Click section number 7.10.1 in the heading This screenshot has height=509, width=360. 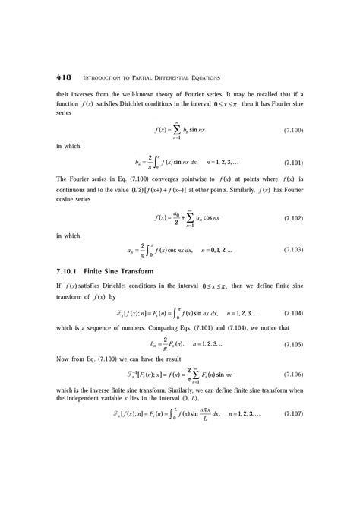point(50,271)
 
